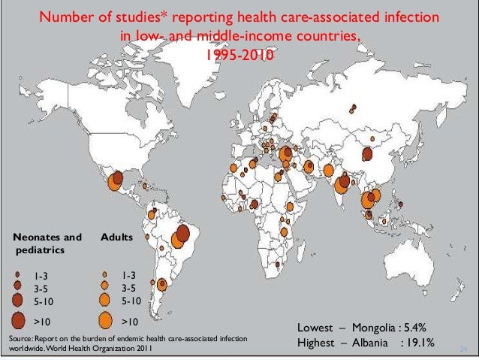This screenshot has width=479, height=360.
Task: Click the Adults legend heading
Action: click(x=116, y=237)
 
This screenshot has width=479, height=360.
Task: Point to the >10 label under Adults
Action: click(x=131, y=322)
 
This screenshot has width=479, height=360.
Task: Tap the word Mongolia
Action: click(x=378, y=328)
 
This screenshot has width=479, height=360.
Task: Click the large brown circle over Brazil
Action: click(x=182, y=231)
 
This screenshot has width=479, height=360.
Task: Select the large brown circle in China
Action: click(x=367, y=155)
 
